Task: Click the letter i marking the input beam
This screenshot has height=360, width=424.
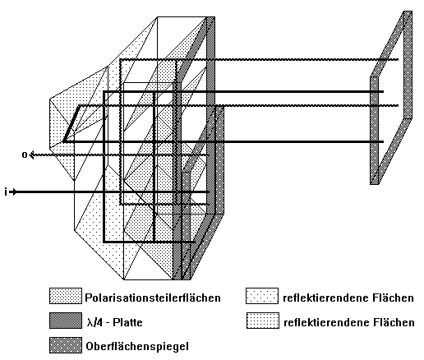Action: tap(6, 192)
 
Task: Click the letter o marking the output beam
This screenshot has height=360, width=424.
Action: tap(25, 155)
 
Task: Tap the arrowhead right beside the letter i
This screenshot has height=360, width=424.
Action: tap(13, 192)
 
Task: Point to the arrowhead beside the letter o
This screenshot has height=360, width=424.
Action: tap(31, 155)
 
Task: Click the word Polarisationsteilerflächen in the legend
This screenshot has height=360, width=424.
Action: tap(153, 298)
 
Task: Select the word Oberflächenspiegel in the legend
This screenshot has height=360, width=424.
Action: tap(137, 346)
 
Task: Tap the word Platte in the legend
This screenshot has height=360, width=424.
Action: tap(127, 322)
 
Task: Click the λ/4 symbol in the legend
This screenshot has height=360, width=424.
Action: tap(94, 322)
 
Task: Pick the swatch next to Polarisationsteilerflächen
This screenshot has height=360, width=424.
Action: tap(66, 296)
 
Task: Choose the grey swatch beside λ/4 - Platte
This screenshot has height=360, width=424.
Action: tap(66, 321)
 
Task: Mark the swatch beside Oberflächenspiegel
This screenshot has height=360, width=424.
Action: tap(66, 345)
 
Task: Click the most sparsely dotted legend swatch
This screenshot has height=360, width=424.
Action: tap(262, 296)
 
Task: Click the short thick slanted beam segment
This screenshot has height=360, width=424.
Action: tap(71, 124)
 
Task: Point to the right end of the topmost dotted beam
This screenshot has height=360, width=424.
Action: tap(398, 59)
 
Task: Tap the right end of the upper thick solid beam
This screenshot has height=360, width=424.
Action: tap(383, 91)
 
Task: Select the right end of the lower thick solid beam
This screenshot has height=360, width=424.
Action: tap(383, 141)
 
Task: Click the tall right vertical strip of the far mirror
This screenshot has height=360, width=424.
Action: tap(408, 65)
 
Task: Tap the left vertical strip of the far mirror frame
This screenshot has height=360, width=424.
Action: tap(374, 131)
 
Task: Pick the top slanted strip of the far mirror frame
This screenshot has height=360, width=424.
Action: tap(387, 44)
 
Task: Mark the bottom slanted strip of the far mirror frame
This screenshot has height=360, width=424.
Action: tap(391, 151)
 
